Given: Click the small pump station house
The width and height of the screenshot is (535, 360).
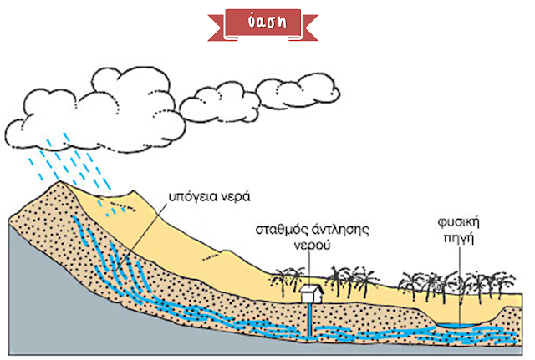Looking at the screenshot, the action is [311, 296].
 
